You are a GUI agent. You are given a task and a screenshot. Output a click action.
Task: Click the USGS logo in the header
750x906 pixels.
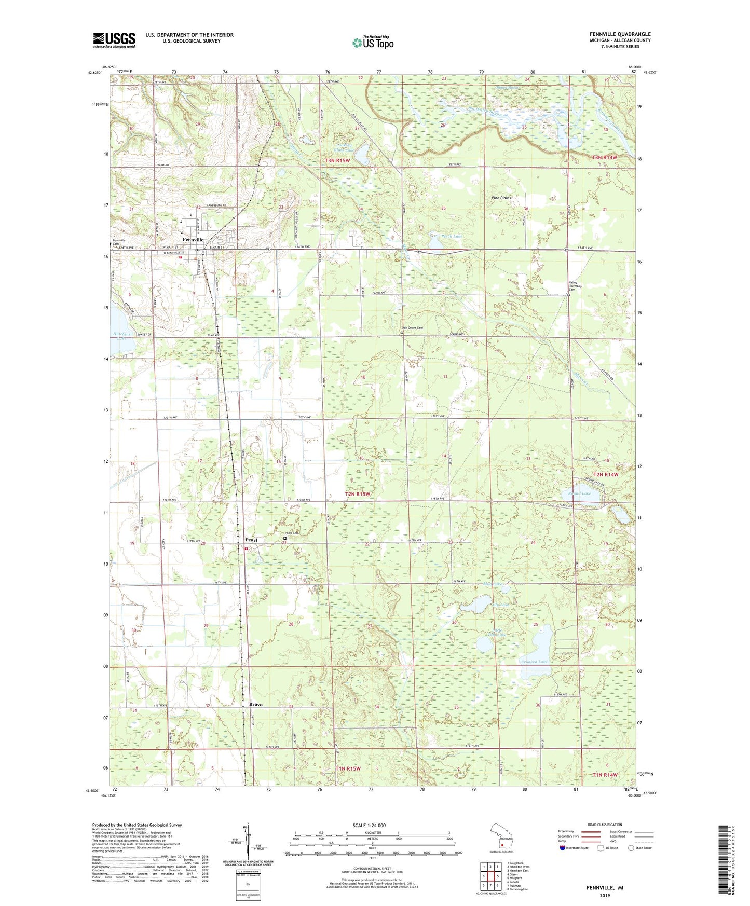coord(114,40)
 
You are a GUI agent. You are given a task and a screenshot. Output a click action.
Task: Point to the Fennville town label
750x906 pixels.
coord(193,240)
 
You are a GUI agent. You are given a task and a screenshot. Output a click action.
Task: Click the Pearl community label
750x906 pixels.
coord(251,540)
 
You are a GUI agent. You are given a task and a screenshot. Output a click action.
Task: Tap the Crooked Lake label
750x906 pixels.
coord(534,662)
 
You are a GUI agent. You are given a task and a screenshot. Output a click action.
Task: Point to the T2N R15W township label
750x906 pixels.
coord(358,494)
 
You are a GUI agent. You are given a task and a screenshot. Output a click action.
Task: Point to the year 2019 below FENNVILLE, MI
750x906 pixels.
coord(605,896)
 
